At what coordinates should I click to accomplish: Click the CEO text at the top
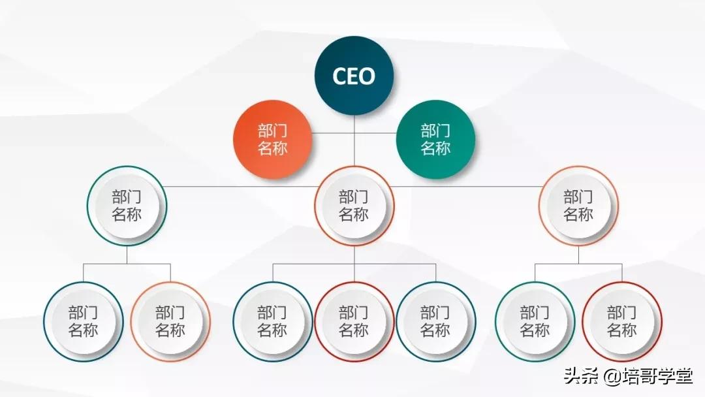pos(354,76)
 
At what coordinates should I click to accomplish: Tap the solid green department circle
pos(435,140)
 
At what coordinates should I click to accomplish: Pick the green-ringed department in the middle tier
pos(127,206)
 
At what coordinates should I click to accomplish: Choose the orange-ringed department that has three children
pos(354,206)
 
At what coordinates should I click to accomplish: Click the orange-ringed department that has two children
pos(578,206)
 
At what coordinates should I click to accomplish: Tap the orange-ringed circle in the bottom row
pos(170,321)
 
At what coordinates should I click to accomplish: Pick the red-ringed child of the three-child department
pos(354,321)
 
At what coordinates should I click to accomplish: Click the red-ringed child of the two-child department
pos(621,321)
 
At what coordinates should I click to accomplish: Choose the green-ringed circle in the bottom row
pos(535,321)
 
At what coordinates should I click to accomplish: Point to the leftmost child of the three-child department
pos(272,321)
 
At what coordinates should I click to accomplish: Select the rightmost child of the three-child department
pos(435,321)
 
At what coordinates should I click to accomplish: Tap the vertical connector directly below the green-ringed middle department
pos(127,255)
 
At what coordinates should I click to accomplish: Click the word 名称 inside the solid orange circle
pos(272,148)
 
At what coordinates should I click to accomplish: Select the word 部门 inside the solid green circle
pos(435,131)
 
